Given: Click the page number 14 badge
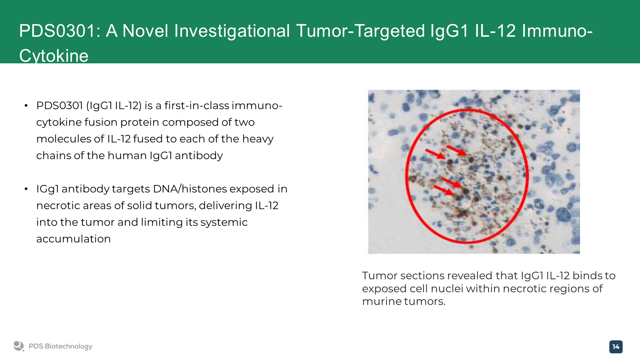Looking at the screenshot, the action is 616,347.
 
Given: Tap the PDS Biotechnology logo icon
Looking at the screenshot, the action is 19,346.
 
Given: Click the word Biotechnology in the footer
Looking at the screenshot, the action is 68,347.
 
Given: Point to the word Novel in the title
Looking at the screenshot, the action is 145,31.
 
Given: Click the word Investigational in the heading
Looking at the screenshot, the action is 232,31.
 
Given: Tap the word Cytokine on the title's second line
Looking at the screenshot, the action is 54,56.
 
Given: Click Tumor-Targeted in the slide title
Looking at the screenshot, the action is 360,31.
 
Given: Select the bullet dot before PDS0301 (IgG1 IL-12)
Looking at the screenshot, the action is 26,106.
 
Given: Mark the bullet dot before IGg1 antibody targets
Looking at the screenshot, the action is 26,190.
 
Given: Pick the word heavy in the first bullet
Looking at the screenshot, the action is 258,139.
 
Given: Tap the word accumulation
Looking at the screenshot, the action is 73,239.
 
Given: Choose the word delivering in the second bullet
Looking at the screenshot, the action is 225,206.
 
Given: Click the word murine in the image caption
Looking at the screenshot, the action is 382,301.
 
